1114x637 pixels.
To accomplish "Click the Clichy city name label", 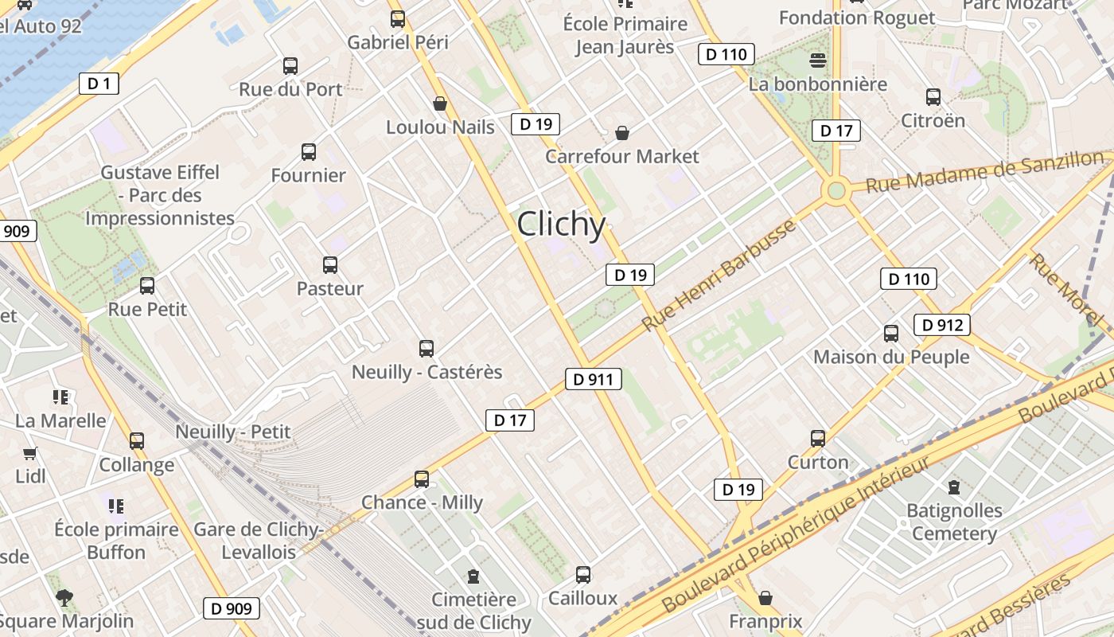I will click(x=561, y=224).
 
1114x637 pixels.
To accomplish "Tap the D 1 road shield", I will click(x=99, y=83).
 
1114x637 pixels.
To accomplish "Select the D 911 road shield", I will click(x=593, y=379).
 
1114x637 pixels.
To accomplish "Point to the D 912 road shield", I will click(x=942, y=325).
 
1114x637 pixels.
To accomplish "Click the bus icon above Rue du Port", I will click(x=290, y=66).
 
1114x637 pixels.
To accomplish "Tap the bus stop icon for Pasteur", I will click(x=329, y=265).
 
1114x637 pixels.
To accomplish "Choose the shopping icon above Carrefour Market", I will click(x=622, y=133).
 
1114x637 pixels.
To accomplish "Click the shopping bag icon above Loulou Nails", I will click(x=439, y=104).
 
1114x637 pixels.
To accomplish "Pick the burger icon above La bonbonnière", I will click(x=817, y=61).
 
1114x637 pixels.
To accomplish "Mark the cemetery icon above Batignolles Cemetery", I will click(x=954, y=487).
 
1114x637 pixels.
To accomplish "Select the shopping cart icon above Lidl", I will click(x=30, y=454).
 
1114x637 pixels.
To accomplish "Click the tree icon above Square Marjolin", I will click(x=64, y=597).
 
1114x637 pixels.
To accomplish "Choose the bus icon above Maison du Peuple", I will click(x=891, y=334).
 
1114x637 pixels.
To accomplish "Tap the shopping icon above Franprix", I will click(x=765, y=598).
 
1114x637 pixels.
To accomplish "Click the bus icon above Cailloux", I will click(x=583, y=575).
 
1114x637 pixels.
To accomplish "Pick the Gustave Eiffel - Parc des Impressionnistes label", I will click(x=160, y=195).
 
